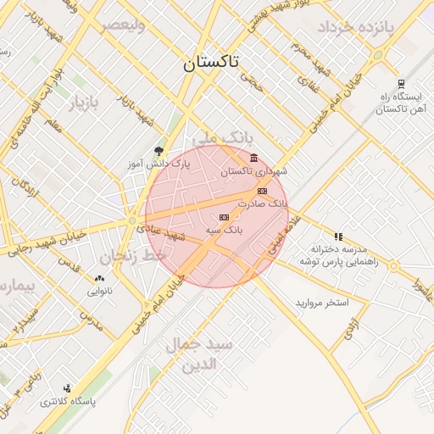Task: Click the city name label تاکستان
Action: coord(211,63)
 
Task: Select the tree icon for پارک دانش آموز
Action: coord(158,151)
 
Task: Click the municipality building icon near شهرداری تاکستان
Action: coord(254,158)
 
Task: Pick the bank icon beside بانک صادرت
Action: coord(263,191)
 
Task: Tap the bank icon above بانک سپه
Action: coord(224,217)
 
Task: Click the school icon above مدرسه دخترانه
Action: coord(338,236)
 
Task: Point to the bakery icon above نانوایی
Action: coord(99,277)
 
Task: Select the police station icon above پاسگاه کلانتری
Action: coord(68,388)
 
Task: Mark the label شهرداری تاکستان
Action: coord(254,171)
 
